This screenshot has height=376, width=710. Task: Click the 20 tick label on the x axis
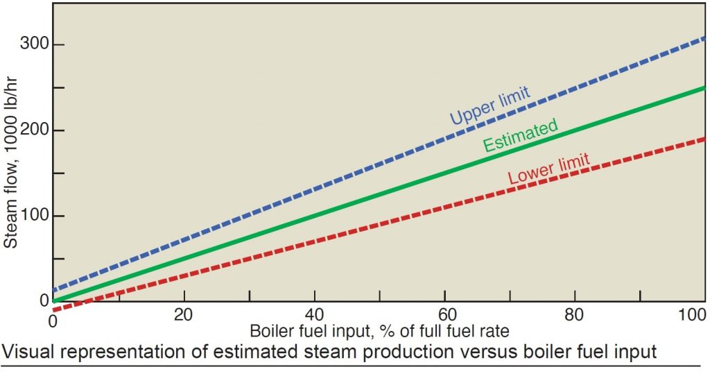pyautogui.click(x=184, y=314)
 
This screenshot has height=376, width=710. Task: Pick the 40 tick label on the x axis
pyautogui.click(x=314, y=314)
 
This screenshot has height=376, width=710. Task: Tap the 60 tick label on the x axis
pyautogui.click(x=444, y=314)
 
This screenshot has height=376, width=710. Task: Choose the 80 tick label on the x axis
pyautogui.click(x=575, y=314)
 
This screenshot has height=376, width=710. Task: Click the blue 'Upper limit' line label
pyautogui.click(x=490, y=105)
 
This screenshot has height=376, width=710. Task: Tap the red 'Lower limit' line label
pyautogui.click(x=548, y=169)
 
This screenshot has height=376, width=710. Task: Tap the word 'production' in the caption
pyautogui.click(x=393, y=352)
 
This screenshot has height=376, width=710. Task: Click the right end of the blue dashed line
pyautogui.click(x=704, y=37)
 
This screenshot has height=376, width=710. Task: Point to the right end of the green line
pyautogui.click(x=704, y=89)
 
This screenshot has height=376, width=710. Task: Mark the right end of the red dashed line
pyautogui.click(x=704, y=139)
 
